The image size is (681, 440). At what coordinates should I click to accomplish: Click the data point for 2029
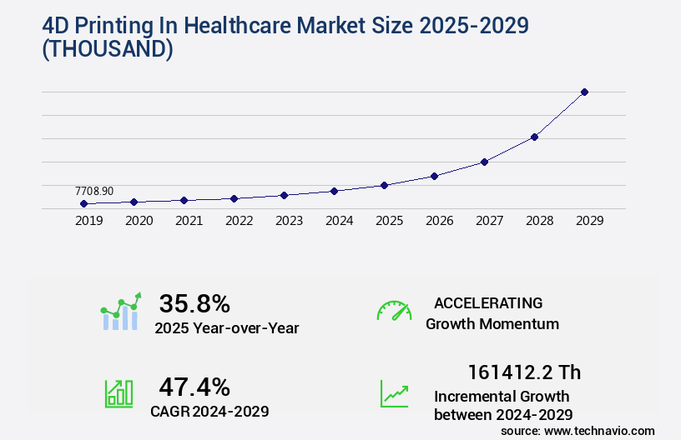pyautogui.click(x=584, y=92)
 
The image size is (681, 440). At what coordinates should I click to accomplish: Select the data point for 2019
pyautogui.click(x=83, y=203)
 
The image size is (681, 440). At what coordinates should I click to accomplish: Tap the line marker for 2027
pyautogui.click(x=484, y=162)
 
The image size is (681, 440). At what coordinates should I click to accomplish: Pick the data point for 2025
pyautogui.click(x=384, y=185)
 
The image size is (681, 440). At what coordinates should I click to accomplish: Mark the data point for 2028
pyautogui.click(x=534, y=137)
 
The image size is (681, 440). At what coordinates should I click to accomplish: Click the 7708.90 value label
pyautogui.click(x=93, y=191)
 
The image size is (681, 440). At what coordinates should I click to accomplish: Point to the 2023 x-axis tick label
pyautogui.click(x=289, y=221)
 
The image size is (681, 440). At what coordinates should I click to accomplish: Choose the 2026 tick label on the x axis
pyautogui.click(x=439, y=221)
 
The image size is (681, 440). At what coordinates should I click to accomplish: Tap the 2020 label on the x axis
pyautogui.click(x=139, y=221)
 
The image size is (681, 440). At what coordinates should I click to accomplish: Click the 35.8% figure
pyautogui.click(x=194, y=302)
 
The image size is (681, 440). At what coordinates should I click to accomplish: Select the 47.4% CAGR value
pyautogui.click(x=194, y=386)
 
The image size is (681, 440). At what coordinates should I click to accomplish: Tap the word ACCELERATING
pyautogui.click(x=488, y=302)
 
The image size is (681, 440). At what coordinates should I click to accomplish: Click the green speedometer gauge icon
pyautogui.click(x=394, y=311)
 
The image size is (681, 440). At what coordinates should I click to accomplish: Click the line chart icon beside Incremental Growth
pyautogui.click(x=394, y=393)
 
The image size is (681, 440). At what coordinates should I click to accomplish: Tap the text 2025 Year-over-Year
pyautogui.click(x=226, y=327)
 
